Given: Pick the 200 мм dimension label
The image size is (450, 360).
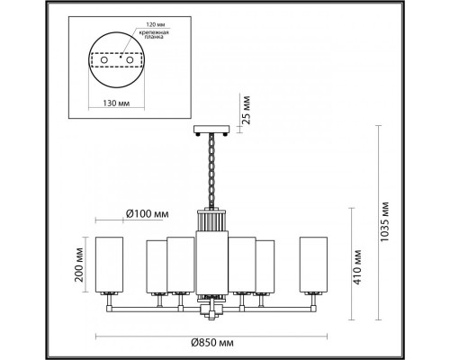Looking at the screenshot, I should click(x=81, y=266).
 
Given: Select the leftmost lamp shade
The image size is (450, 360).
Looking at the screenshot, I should click(x=110, y=265).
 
